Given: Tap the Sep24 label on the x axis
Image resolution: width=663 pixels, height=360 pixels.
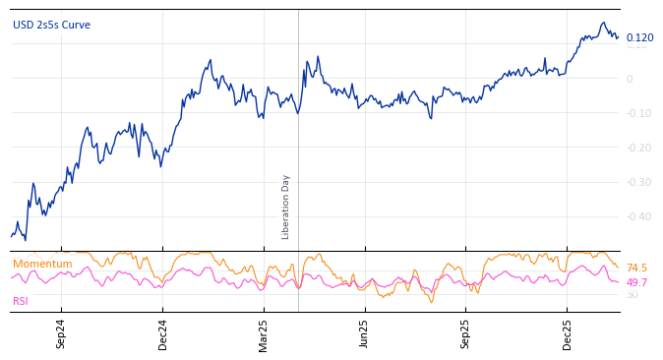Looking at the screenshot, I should point(61,334).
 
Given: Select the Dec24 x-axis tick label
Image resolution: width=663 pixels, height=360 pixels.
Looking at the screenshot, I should point(163,334).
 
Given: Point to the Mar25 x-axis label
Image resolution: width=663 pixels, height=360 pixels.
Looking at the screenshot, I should point(264,334).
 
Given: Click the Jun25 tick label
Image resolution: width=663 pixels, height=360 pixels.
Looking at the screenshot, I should point(364,334).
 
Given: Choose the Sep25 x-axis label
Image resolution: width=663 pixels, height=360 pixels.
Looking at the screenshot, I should point(466,334).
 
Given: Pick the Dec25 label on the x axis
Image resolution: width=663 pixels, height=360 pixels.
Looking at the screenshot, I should point(568,334).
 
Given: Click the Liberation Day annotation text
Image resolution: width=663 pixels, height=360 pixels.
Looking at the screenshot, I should point(286,207).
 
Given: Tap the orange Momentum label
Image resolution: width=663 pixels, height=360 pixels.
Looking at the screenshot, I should point(42,265).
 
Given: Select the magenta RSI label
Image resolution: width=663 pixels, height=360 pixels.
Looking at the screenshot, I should point(21,301).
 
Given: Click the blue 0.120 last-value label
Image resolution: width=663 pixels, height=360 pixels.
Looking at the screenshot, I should point(639,37).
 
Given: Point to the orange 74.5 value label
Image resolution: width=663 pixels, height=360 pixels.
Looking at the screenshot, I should point(636,269).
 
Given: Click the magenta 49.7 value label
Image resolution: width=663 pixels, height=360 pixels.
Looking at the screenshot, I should point(636,282).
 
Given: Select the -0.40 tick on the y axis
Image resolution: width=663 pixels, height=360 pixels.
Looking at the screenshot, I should point(638,217).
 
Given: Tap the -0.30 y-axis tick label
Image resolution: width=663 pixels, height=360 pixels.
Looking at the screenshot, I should point(638,183).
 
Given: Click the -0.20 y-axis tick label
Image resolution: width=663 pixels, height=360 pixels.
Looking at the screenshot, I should point(638,149).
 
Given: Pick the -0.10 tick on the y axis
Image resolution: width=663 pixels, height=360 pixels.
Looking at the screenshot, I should point(638,114).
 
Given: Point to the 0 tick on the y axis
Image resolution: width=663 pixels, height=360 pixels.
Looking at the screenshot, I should point(630,80).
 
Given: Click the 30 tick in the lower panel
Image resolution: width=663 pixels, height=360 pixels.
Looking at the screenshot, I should point(632,295).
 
